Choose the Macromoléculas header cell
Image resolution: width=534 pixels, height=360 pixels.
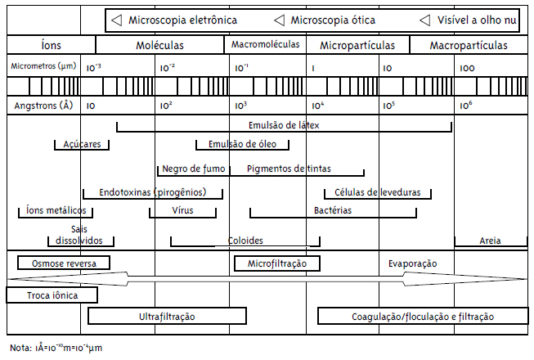tap(266, 45)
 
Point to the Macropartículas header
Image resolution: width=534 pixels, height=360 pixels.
tap(468, 46)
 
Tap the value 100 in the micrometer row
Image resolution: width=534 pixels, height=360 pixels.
tap(468, 67)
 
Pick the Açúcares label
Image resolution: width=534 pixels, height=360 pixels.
tap(83, 144)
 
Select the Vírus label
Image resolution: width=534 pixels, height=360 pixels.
tap(182, 211)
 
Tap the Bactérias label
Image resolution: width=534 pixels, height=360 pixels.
tap(333, 211)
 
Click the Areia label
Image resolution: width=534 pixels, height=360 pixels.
tap(491, 241)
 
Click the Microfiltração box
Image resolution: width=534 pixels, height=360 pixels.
tap(276, 263)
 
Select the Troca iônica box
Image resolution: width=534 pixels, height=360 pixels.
tap(52, 295)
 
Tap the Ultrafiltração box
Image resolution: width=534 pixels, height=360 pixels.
tap(167, 316)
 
